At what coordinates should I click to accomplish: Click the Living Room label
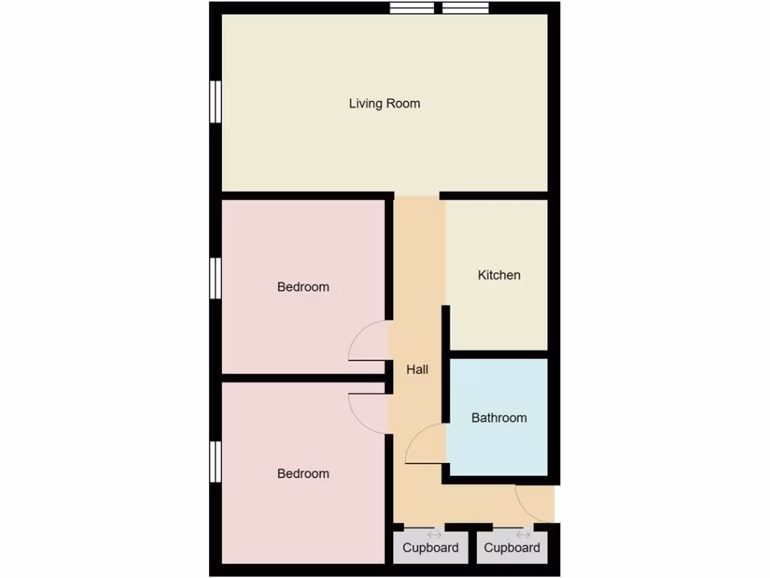click(x=384, y=103)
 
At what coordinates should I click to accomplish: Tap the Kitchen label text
click(x=499, y=275)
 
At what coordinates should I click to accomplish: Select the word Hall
click(x=417, y=370)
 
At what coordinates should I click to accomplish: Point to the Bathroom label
click(x=499, y=418)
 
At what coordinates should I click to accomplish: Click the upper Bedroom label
click(x=303, y=287)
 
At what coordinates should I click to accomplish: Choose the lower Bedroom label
click(x=303, y=473)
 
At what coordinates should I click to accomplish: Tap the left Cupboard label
click(x=430, y=548)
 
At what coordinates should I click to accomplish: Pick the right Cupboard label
click(x=511, y=548)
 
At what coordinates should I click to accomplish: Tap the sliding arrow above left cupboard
click(x=434, y=534)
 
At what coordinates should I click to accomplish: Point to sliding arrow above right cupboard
click(x=523, y=534)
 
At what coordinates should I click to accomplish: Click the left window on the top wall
click(x=412, y=8)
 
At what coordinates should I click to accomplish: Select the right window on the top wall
click(x=465, y=8)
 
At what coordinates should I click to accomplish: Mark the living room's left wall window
click(x=215, y=102)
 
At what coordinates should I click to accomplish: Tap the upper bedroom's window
click(x=215, y=277)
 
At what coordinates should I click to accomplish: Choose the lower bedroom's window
click(x=215, y=461)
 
